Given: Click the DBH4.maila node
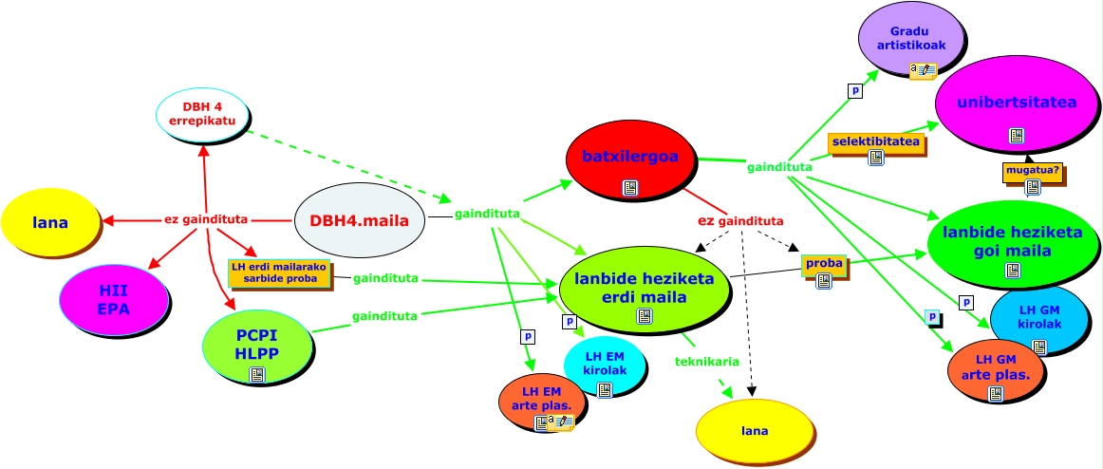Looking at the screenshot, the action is click(x=360, y=219).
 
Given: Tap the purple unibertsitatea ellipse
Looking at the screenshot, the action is click(x=1017, y=103).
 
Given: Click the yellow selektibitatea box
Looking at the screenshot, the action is click(x=875, y=142).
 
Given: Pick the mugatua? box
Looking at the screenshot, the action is click(x=1031, y=171).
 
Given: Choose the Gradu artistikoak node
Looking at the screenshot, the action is click(x=911, y=39).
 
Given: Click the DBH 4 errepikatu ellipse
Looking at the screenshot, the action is click(x=203, y=115).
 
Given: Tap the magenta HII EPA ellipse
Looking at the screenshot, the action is click(x=114, y=299).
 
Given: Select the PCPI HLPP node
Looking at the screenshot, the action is click(x=257, y=346).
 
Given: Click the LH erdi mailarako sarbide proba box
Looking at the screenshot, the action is click(x=279, y=272).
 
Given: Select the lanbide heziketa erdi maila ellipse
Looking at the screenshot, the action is click(x=645, y=289).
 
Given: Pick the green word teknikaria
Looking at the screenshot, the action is click(x=707, y=362).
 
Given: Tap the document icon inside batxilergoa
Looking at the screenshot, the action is click(x=630, y=188).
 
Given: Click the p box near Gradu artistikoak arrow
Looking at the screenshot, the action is click(x=855, y=91).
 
